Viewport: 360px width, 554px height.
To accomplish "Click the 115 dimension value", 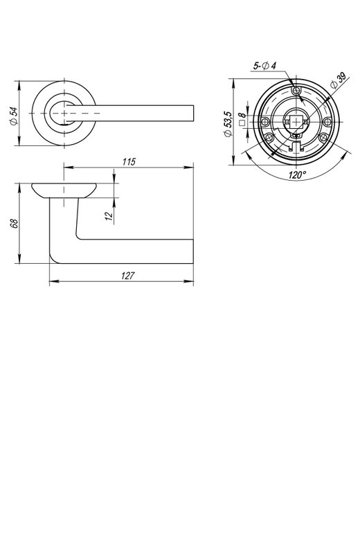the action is point(129,162).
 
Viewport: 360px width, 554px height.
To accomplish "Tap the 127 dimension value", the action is point(128,276).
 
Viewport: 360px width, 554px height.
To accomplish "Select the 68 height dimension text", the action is point(14,223).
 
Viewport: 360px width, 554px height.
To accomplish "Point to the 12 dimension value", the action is point(109,214).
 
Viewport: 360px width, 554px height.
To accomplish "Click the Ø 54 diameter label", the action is point(14,116).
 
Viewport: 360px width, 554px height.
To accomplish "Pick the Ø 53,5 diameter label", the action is point(228,123).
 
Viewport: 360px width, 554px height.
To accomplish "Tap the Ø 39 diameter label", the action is point(338,81).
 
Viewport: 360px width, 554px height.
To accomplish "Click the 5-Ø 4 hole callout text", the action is point(264,66).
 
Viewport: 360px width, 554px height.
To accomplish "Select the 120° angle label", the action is point(298,175).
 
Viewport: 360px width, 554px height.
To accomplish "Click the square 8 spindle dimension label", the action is point(242,119).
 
